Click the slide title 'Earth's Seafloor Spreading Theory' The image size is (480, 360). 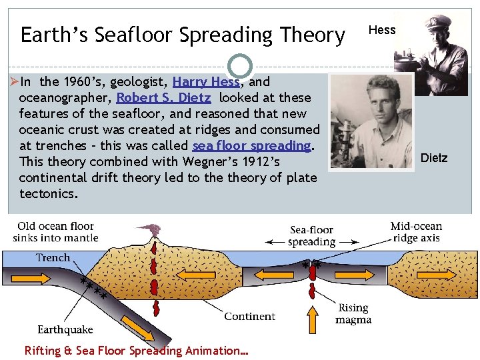tap(182, 34)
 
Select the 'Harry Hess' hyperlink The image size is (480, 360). tap(206, 82)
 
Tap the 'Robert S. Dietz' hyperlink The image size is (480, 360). tap(163, 98)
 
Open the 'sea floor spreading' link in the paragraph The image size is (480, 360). tap(252, 145)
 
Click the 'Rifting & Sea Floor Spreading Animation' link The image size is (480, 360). tap(136, 350)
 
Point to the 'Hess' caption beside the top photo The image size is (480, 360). tap(382, 30)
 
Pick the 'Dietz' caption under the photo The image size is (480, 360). tap(434, 158)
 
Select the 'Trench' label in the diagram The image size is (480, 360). tap(53, 257)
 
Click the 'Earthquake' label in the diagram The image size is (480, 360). tap(65, 329)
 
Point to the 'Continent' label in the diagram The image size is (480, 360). tap(249, 316)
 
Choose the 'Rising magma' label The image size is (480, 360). tap(354, 313)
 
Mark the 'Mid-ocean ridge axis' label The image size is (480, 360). tap(416, 231)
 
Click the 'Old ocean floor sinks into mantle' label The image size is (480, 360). tap(55, 231)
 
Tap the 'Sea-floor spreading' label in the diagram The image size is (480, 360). tap(312, 236)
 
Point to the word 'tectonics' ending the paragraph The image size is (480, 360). tap(49, 193)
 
